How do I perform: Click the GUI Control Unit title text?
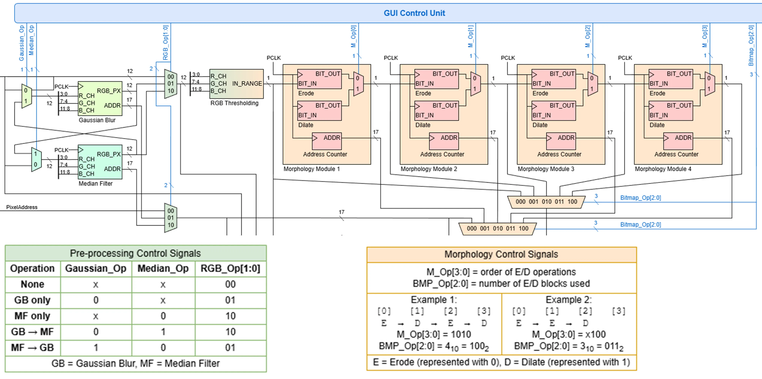point(414,13)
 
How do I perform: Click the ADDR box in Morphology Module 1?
point(327,141)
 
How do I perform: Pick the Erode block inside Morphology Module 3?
point(554,79)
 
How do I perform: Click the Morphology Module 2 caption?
point(429,169)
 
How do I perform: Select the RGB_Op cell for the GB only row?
point(230,300)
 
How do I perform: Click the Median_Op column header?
point(163,268)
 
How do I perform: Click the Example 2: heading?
point(569,300)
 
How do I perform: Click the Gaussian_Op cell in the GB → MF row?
point(96,332)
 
